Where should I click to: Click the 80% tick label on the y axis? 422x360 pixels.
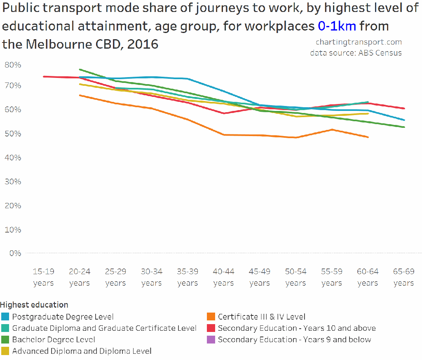point(13,65)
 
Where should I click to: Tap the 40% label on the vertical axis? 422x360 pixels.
point(13,158)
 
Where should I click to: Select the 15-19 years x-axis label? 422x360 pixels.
point(43,277)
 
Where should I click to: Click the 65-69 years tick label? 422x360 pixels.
point(403,277)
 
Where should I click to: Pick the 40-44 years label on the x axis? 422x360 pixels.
point(223,277)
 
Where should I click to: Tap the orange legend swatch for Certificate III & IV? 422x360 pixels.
point(211,317)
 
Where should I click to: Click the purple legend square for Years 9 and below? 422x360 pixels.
point(211,340)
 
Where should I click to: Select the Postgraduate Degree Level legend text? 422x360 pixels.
point(63,317)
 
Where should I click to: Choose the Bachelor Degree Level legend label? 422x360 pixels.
point(54,340)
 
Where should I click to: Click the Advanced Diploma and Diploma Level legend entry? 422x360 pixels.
point(82,351)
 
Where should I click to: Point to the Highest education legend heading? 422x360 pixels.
point(34,305)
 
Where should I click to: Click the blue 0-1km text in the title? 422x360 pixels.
point(337,26)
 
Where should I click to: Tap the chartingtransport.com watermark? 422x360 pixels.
point(359,42)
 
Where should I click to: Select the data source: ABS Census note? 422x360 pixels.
point(356,53)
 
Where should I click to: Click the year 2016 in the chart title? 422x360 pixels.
point(143,44)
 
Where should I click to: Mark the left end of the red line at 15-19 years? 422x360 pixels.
point(43,76)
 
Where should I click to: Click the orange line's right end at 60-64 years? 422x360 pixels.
point(368,137)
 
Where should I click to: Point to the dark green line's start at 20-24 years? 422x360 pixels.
point(80,69)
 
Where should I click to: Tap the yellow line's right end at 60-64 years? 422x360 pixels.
point(368,113)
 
